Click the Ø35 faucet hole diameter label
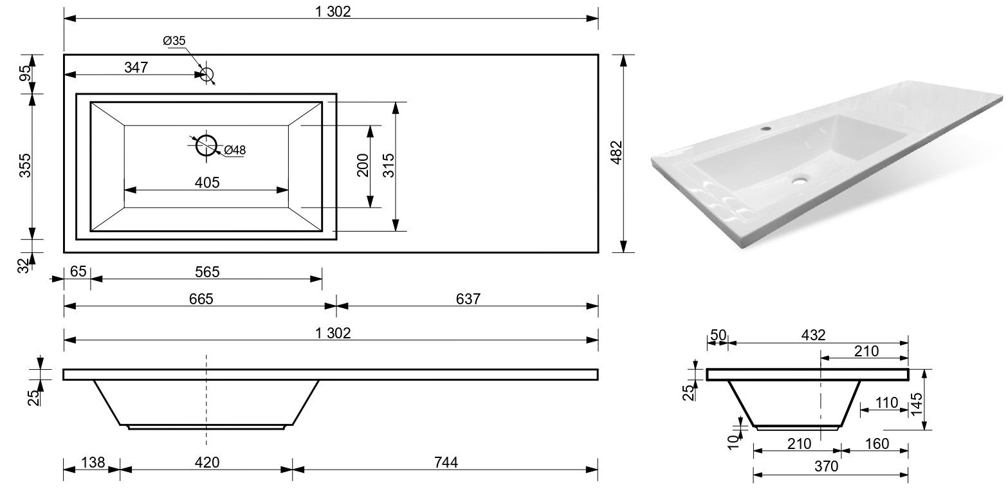(x=174, y=41)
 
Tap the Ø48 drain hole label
(x=235, y=150)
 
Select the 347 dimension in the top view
(x=136, y=68)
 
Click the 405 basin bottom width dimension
(x=207, y=183)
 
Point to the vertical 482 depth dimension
(x=617, y=152)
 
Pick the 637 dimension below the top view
(x=468, y=298)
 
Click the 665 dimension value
(x=201, y=298)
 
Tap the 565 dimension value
(x=207, y=271)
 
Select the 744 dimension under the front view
(x=446, y=462)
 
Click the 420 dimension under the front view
(x=207, y=462)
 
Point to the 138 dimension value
(x=93, y=462)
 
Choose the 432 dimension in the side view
(x=813, y=335)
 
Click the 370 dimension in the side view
(x=826, y=466)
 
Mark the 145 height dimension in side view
(x=916, y=405)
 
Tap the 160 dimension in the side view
(x=877, y=444)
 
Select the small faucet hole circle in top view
(x=206, y=75)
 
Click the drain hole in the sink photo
(x=800, y=180)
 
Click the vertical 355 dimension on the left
(x=25, y=165)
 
